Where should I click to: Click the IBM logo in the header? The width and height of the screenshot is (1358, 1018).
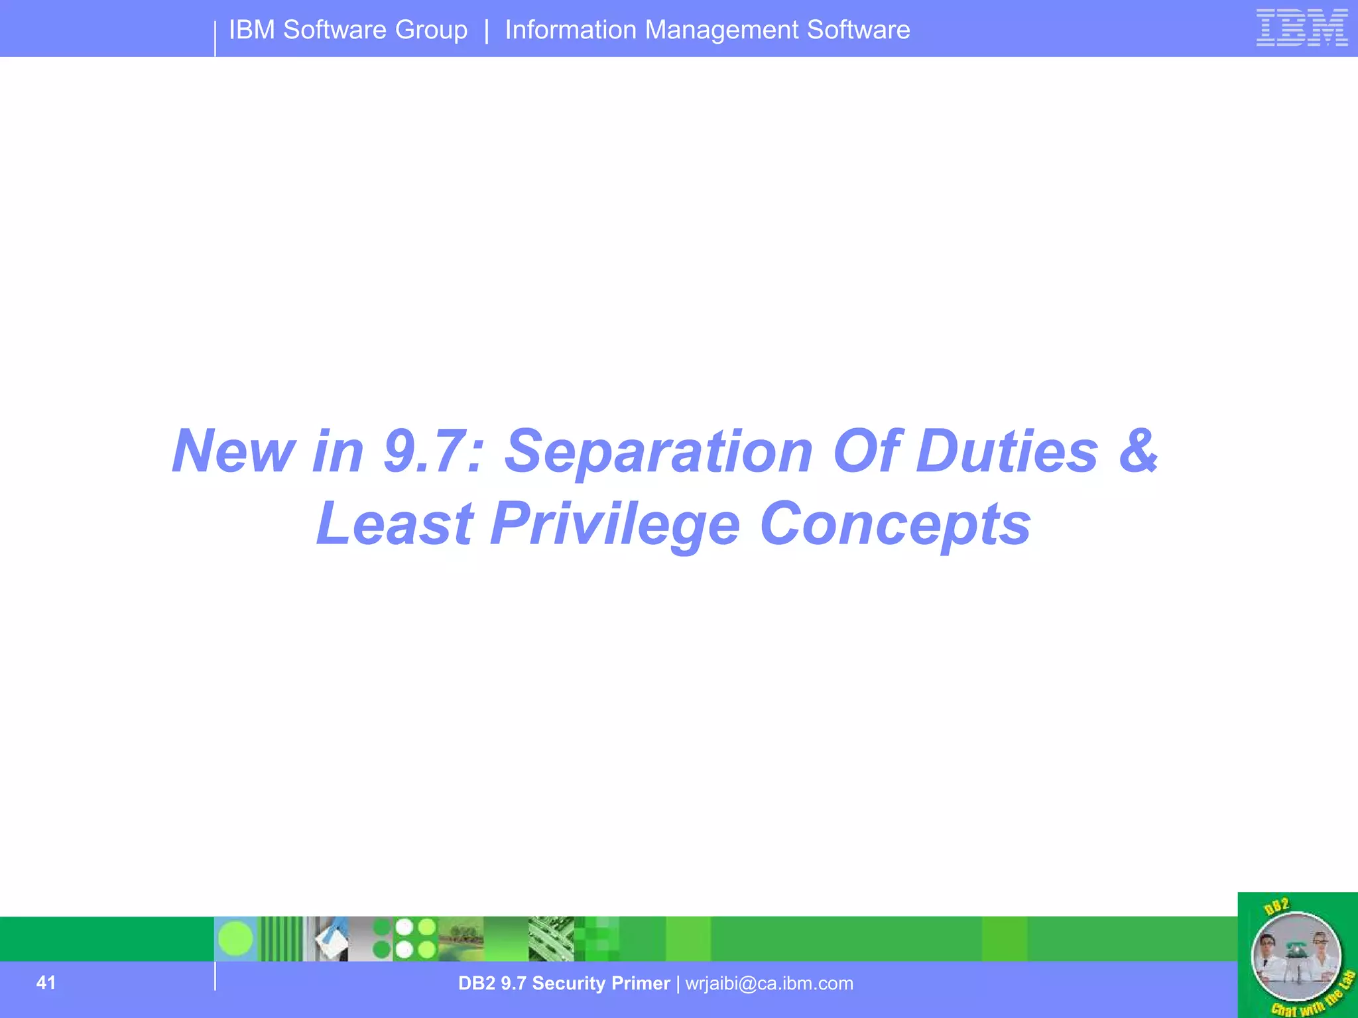1302,28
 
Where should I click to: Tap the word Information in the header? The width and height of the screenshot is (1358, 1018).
570,30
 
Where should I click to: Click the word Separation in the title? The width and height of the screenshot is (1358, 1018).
658,452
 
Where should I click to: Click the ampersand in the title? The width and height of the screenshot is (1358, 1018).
1139,451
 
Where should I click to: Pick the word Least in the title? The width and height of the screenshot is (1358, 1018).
395,524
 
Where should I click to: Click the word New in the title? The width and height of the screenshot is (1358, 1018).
233,451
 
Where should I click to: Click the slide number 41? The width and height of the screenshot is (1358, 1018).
46,982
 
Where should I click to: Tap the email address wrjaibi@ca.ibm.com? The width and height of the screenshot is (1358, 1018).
769,984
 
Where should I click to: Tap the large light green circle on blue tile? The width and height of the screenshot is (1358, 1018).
235,938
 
